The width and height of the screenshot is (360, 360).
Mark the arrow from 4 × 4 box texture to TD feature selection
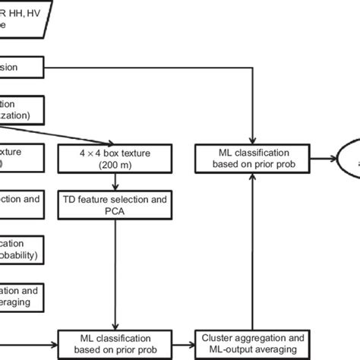[115, 183]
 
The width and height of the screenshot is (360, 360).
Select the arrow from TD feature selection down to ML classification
[115, 273]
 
